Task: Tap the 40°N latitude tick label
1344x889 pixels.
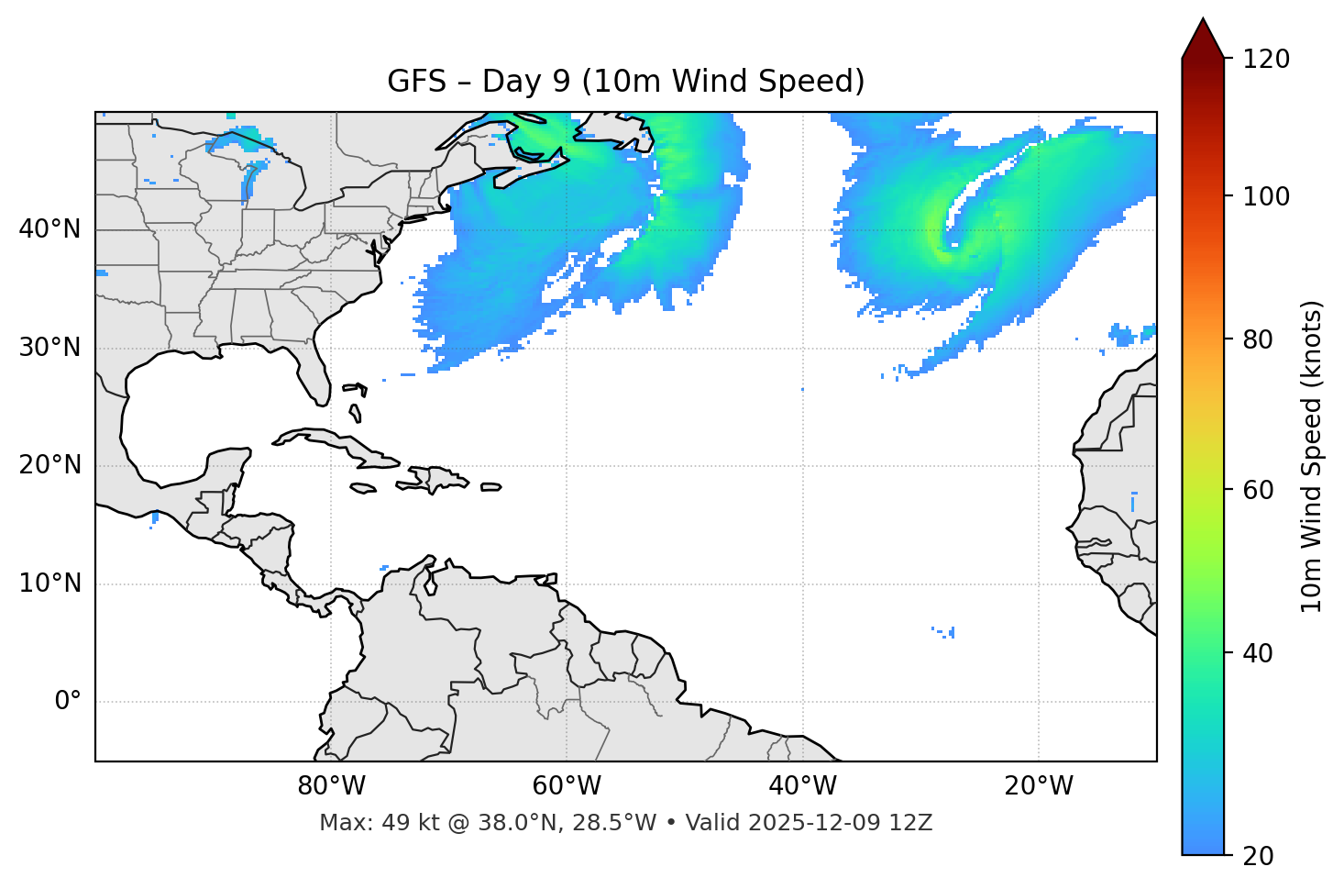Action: [x=50, y=229]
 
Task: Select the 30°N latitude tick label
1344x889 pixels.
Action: [x=50, y=348]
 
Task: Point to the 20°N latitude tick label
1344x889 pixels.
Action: [x=50, y=465]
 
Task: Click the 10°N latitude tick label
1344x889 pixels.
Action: [x=50, y=583]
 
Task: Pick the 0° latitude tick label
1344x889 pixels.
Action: [x=67, y=702]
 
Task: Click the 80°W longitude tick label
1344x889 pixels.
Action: [x=331, y=786]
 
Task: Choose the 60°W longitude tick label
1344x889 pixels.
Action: [x=567, y=786]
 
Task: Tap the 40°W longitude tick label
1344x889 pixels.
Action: [x=802, y=786]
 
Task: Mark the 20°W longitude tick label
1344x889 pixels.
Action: [x=1039, y=786]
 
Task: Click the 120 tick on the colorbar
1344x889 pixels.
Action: [x=1266, y=59]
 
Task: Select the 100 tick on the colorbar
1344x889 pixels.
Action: [x=1266, y=196]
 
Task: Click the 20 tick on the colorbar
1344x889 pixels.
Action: [x=1258, y=856]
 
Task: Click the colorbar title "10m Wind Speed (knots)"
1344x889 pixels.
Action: [x=1312, y=456]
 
